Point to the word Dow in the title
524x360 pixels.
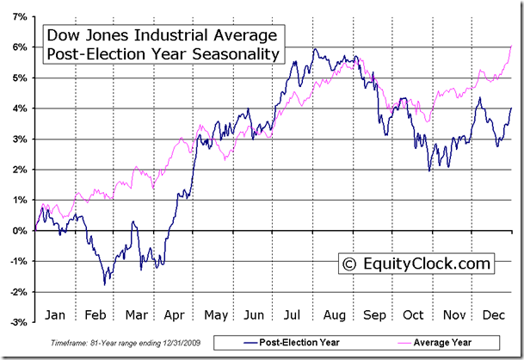tap(64, 36)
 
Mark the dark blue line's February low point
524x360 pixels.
tap(105, 283)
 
